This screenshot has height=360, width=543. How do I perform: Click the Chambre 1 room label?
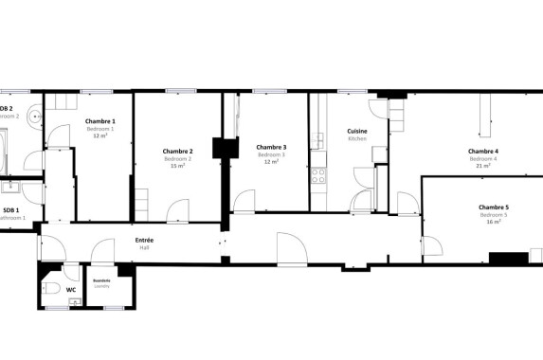click(x=100, y=121)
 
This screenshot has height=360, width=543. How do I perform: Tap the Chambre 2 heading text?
click(x=177, y=151)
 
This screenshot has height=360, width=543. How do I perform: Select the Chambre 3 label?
click(x=271, y=147)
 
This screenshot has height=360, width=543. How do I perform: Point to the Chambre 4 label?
click(x=482, y=151)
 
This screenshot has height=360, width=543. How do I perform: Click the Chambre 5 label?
click(x=493, y=207)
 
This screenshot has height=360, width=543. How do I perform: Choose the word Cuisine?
click(x=356, y=131)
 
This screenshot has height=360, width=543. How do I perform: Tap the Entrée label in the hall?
click(x=144, y=240)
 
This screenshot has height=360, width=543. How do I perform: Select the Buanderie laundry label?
click(x=100, y=280)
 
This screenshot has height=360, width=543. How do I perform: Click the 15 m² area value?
click(x=177, y=167)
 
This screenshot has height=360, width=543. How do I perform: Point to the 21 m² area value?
click(x=482, y=167)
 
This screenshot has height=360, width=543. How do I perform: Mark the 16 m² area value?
click(x=493, y=223)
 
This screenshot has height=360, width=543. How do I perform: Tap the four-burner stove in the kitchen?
click(x=317, y=175)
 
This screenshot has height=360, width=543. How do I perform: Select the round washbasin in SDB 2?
click(x=36, y=117)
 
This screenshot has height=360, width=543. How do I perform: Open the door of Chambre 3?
click(x=244, y=202)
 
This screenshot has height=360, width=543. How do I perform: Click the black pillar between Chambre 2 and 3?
click(x=224, y=150)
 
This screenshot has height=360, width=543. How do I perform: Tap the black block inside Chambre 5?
click(x=508, y=257)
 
